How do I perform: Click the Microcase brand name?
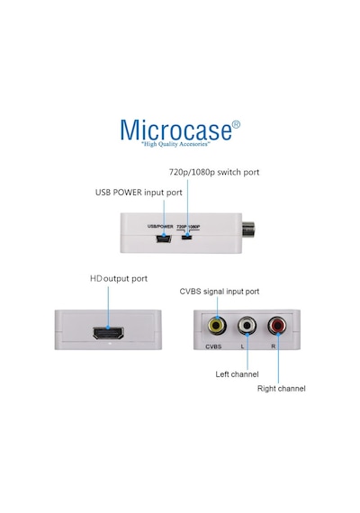tap(176, 130)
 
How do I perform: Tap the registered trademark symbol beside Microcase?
tap(236, 125)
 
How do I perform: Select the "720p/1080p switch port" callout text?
tap(214, 172)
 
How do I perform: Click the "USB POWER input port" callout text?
tap(139, 193)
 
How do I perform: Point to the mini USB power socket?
tap(164, 238)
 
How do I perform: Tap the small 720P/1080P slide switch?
tap(187, 235)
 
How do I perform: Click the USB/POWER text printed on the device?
tap(160, 227)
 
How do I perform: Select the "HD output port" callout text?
tap(119, 279)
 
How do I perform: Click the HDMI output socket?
tap(108, 333)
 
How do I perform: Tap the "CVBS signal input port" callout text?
tap(220, 292)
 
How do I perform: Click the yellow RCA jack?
tap(217, 326)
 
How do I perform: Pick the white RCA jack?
tap(247, 326)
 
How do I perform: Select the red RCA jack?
tap(277, 326)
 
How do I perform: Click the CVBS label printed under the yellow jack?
tap(213, 346)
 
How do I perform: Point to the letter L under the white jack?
tap(242, 346)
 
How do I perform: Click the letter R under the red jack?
tap(274, 346)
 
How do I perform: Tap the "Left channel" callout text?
tap(237, 374)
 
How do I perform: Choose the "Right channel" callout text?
tap(282, 389)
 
